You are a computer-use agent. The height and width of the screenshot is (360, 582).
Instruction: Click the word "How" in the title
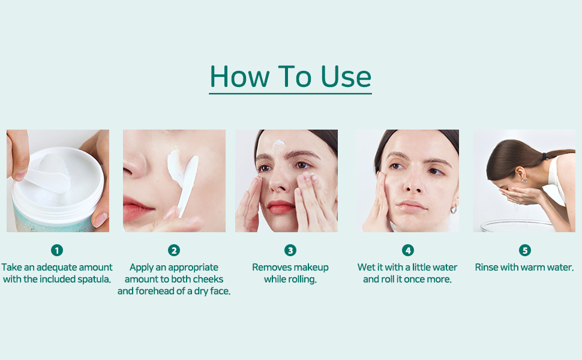coord(240,76)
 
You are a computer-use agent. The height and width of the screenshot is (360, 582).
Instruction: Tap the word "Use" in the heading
coord(346,76)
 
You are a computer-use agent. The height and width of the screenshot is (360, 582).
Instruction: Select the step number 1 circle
coord(57,251)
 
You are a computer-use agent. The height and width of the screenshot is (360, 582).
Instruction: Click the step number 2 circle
coord(174,251)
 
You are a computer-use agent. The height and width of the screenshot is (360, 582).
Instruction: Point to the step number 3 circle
coord(290,251)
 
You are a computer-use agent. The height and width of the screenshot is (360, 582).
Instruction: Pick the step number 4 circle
coord(407,251)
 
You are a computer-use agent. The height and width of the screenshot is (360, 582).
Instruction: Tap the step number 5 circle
coord(524,251)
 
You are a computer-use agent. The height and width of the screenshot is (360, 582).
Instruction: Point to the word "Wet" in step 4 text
coord(365,267)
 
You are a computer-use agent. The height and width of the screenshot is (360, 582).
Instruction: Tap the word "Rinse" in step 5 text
coord(486,267)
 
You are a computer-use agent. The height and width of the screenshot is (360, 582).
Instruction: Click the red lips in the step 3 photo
coord(281,207)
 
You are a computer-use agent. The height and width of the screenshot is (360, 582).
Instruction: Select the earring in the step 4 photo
coord(453,209)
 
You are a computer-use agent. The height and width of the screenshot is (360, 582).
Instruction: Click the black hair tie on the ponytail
coord(545,156)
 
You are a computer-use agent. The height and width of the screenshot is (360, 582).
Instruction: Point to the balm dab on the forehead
coord(279,146)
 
